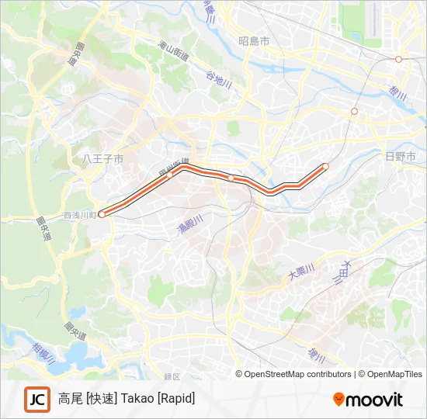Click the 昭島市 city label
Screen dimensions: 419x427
click(x=254, y=41)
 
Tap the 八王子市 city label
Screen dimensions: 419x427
click(x=102, y=159)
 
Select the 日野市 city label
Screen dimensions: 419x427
click(x=401, y=156)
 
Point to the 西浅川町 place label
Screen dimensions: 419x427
click(x=80, y=215)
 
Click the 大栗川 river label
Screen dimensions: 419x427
click(x=301, y=272)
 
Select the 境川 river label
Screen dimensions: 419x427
click(x=315, y=356)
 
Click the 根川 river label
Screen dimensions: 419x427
click(x=397, y=90)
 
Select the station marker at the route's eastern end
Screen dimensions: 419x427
click(x=325, y=166)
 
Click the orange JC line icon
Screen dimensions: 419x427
click(x=36, y=399)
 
